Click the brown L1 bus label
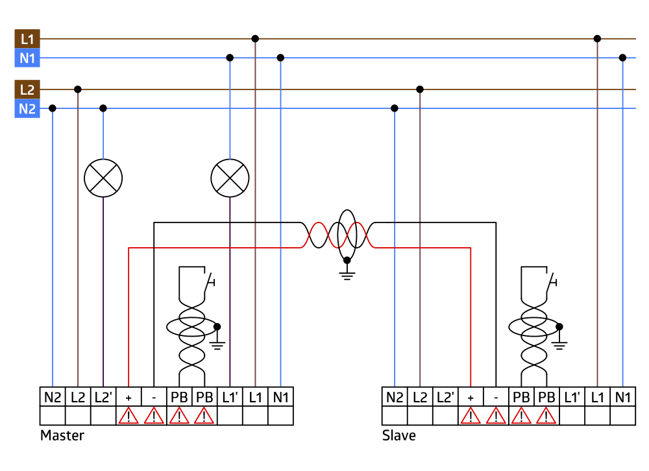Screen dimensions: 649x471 27,39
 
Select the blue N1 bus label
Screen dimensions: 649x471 27,58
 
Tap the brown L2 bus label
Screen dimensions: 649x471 27,90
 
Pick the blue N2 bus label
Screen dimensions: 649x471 27,108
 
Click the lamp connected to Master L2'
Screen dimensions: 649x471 103,178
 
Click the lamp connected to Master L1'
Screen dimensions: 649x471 230,178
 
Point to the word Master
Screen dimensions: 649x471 62,435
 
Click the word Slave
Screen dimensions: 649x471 399,435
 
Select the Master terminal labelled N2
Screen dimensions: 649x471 53,397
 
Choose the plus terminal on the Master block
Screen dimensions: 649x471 129,397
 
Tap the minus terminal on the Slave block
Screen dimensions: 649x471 496,397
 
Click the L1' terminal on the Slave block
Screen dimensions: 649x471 572,397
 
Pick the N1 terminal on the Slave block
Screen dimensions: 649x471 622,397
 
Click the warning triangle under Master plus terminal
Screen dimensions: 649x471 129,416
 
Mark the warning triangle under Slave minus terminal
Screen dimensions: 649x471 496,416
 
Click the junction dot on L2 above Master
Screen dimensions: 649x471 78,90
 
